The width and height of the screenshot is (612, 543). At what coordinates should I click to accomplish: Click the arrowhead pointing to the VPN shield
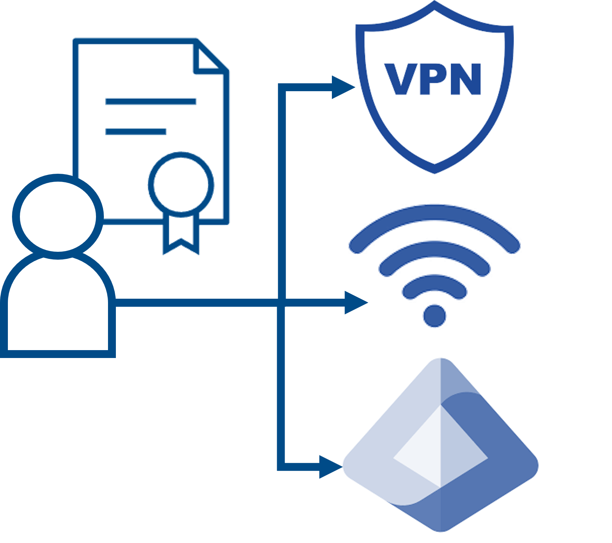342,87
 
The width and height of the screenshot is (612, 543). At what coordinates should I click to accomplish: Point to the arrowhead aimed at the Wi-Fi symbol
355,302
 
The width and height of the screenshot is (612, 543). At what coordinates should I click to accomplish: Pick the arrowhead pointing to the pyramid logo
330,467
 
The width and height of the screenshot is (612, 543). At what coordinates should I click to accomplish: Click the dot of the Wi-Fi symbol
435,315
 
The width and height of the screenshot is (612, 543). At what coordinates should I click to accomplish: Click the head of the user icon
58,216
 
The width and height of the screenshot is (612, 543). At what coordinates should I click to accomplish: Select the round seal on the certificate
181,184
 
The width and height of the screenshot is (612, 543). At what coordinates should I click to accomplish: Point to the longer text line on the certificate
151,101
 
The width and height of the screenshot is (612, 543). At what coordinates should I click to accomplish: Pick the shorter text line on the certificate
136,131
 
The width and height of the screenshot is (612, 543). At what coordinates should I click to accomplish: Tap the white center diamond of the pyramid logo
440,448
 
